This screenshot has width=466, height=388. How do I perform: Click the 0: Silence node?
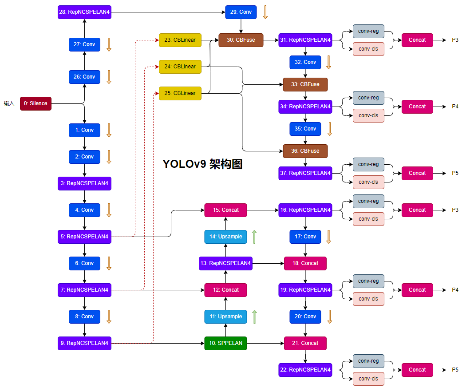[x=36, y=103]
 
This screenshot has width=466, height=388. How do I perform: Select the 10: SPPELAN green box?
[x=225, y=343]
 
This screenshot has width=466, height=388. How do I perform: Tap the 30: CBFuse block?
[x=241, y=40]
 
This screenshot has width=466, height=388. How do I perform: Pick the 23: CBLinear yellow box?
[x=180, y=40]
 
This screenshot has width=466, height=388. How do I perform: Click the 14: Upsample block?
[x=225, y=237]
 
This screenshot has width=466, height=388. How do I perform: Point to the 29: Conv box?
[x=241, y=12]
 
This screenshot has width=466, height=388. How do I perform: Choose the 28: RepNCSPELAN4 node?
[x=84, y=12]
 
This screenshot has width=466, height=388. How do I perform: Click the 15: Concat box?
[x=225, y=210]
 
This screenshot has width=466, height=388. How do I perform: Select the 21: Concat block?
[x=305, y=343]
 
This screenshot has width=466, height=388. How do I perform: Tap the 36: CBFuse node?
[x=305, y=151]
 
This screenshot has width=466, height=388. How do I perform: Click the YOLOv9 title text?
[x=202, y=164]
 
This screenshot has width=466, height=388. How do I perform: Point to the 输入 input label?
[x=9, y=103]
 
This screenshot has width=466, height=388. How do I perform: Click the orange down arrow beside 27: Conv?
[x=109, y=44]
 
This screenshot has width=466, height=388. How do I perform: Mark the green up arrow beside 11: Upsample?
[x=254, y=317]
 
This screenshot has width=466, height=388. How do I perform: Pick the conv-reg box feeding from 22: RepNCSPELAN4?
[x=368, y=361]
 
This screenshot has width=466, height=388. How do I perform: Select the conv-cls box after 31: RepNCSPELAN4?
[x=368, y=49]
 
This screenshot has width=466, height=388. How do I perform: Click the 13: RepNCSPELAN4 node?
[x=225, y=263]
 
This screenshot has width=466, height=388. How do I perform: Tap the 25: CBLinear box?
[x=180, y=93]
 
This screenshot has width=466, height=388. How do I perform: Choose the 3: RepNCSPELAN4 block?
[x=84, y=183]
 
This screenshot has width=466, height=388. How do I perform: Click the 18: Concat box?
[x=305, y=263]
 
